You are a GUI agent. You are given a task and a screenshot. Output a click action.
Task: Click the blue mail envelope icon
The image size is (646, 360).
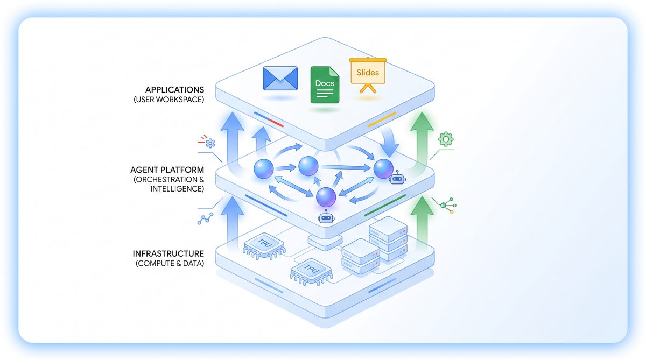tap(280, 79)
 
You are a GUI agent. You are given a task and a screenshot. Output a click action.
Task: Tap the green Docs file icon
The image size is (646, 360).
tap(325, 84)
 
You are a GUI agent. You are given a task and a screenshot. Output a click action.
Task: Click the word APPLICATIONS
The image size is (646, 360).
tap(175, 89)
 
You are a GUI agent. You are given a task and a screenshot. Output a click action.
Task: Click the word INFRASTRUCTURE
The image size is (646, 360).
tap(168, 253)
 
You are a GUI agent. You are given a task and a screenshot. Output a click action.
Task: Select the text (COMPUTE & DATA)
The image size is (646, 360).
tap(170, 263)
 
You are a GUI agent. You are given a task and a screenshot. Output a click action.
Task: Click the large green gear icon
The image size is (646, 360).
tap(446, 139)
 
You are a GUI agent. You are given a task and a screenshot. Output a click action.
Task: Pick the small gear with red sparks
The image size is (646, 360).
tap(209, 143)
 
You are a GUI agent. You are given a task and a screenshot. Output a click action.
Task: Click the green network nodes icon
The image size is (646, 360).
tap(447, 206)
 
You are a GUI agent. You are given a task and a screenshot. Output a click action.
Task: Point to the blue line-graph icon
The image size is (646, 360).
tap(205, 218)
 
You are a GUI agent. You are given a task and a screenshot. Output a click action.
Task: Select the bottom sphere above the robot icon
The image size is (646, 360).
tap(326, 197)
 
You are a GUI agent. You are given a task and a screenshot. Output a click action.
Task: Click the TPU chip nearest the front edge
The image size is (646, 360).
tap(309, 269)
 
